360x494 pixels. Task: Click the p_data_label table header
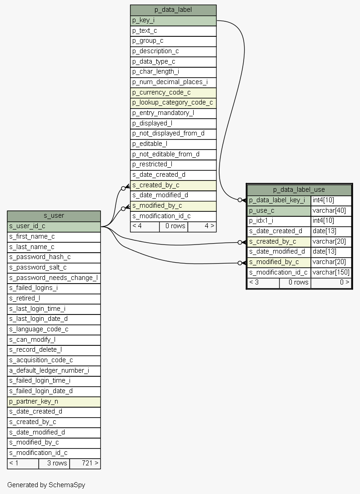(x=173, y=10)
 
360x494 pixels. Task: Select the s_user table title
(x=54, y=216)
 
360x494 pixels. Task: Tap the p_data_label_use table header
(x=299, y=190)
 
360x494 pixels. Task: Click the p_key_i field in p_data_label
(x=173, y=20)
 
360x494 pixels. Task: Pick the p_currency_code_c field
(x=173, y=92)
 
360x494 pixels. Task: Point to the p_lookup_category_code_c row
(x=173, y=103)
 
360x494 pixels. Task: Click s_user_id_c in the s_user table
(x=54, y=226)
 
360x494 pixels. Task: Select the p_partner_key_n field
(x=54, y=402)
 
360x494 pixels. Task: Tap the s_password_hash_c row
(x=54, y=257)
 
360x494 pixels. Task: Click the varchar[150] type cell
(x=331, y=272)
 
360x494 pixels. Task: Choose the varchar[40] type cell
(x=331, y=210)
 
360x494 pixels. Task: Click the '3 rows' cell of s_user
(x=54, y=463)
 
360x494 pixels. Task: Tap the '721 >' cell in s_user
(x=85, y=463)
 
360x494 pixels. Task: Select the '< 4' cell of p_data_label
(x=145, y=226)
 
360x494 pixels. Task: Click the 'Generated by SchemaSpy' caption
(x=46, y=485)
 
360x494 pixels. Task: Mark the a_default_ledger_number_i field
(x=54, y=370)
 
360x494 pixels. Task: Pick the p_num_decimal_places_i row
(x=173, y=82)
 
